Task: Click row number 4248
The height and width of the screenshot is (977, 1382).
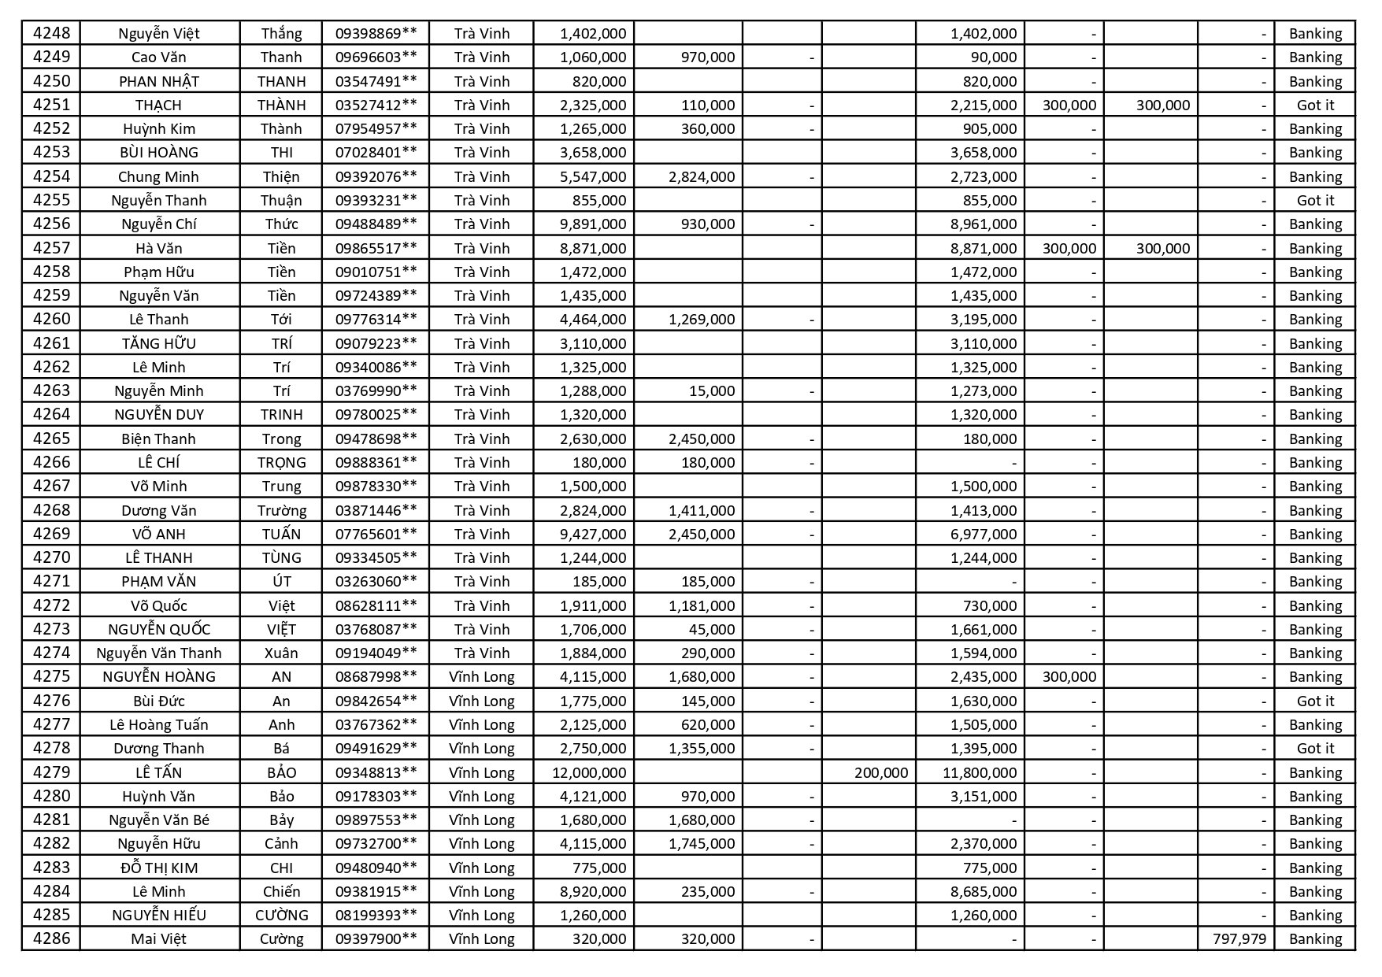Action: pos(51,33)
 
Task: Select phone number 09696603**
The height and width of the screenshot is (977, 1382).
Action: pos(376,57)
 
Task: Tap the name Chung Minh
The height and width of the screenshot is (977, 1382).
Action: pos(158,176)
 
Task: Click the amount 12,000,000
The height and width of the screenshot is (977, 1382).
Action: pos(589,772)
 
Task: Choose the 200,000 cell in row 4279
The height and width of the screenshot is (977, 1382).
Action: pos(880,772)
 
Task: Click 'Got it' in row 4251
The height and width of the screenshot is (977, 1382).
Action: pos(1315,105)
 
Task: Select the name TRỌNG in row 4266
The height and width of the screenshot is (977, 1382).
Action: pos(281,462)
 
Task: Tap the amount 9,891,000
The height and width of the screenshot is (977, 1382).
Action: pos(592,224)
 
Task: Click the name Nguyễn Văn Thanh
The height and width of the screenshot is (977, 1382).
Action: pos(158,653)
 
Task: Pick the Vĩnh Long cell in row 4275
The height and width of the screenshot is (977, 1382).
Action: pos(481,676)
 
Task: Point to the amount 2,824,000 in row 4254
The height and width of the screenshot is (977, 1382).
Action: pos(701,176)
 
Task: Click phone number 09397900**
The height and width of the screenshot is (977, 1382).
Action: pos(376,939)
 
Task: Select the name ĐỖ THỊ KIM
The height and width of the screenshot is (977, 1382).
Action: pos(158,868)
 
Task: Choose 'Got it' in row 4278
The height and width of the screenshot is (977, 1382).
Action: pos(1315,748)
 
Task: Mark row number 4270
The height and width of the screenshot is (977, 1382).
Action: pos(51,557)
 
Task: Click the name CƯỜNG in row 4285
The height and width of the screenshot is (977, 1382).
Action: pos(281,915)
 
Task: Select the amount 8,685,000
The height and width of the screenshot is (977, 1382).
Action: pos(983,891)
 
